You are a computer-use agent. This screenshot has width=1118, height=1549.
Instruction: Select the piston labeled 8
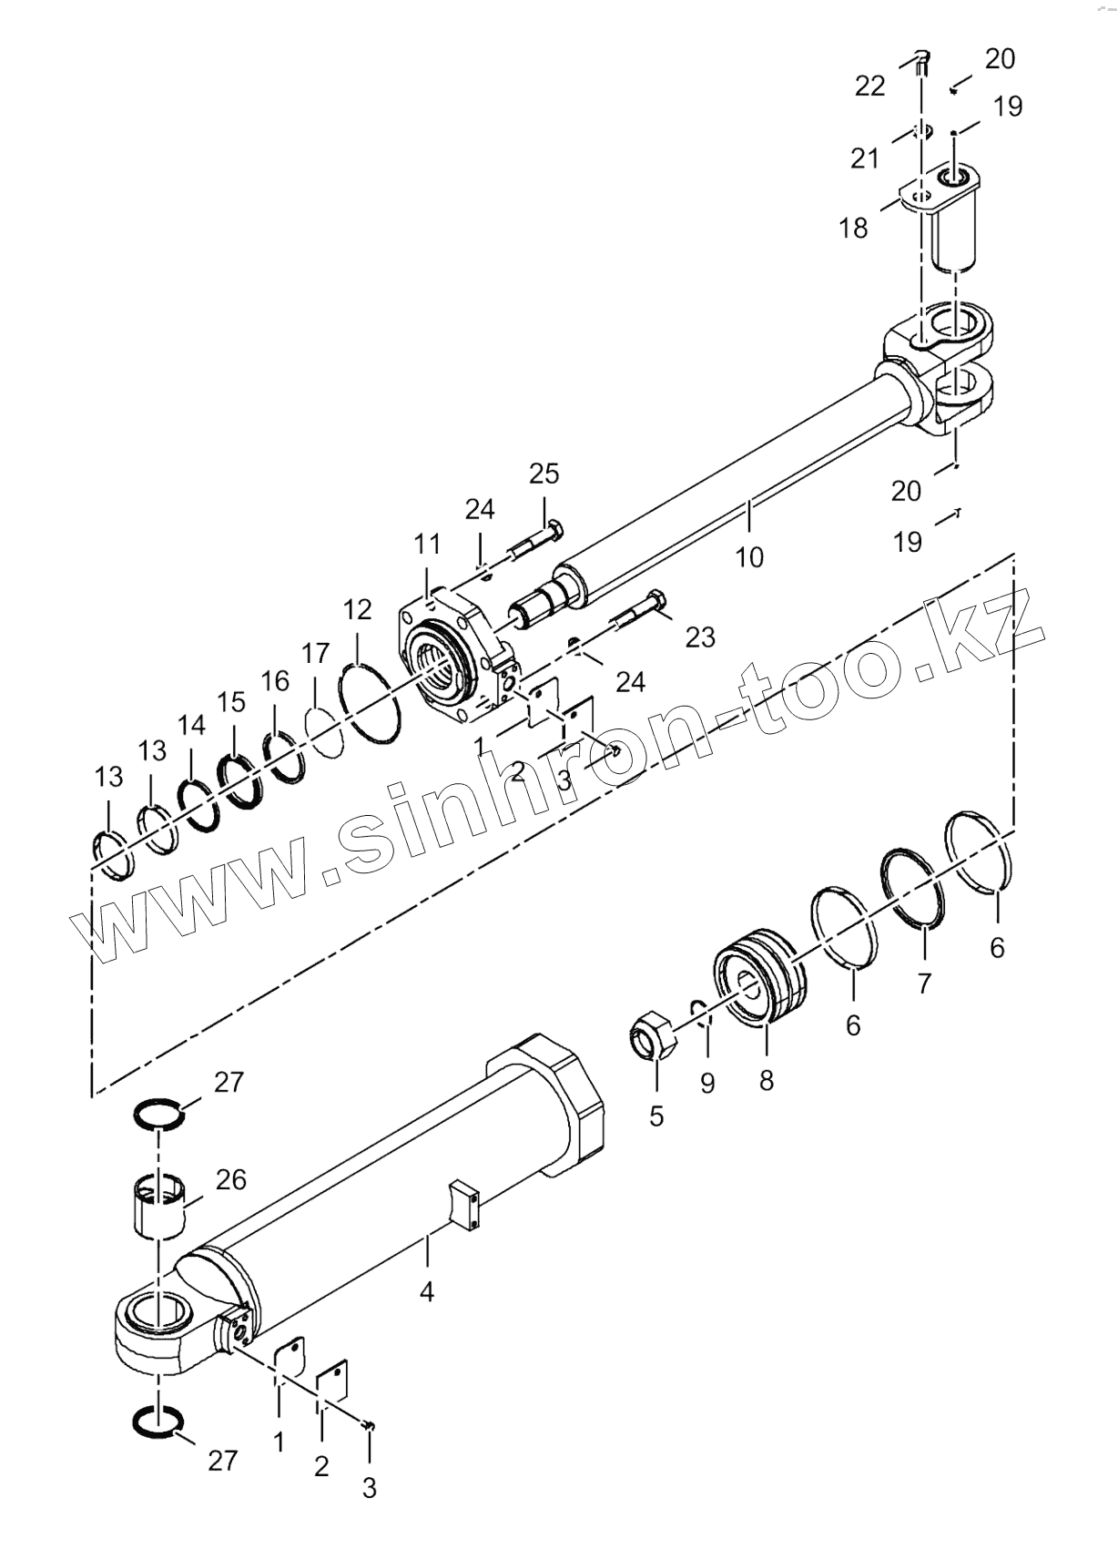[x=759, y=977]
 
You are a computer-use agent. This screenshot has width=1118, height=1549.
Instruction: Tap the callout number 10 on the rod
[x=748, y=556]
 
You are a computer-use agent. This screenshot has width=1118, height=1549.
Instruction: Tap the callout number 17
[x=315, y=653]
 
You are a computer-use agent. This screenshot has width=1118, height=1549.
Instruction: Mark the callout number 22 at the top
[x=869, y=86]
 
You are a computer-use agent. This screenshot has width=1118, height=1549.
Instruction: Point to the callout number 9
[x=706, y=1084]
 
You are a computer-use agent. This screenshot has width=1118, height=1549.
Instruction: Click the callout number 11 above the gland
[x=427, y=545]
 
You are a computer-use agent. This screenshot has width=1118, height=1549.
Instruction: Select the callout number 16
[x=274, y=681]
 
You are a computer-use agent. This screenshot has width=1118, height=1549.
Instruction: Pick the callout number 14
[x=191, y=726]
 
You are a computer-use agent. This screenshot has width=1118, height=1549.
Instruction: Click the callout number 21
[x=864, y=158]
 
